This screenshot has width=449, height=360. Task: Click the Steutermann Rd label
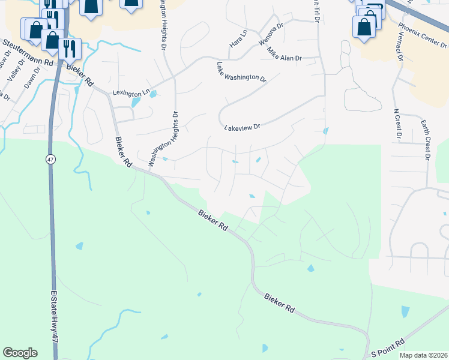point(28,53)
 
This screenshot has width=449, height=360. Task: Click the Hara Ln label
point(238,38)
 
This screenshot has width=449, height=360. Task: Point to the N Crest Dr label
point(397,123)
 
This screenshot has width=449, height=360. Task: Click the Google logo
point(20,353)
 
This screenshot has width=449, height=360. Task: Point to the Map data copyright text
point(423,355)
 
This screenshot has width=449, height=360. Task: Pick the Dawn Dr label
point(32,77)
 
